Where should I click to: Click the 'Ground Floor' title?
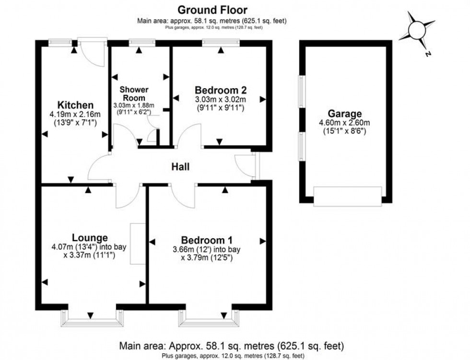(212, 10)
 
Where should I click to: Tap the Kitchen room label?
(75, 105)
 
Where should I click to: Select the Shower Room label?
(134, 93)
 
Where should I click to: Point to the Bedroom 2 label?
(221, 90)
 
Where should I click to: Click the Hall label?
(180, 166)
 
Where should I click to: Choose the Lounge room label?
(90, 238)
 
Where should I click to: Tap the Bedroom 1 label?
(207, 240)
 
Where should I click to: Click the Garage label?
(345, 114)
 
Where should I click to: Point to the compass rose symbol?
(417, 30)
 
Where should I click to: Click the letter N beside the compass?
(428, 54)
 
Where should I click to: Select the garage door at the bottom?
(348, 197)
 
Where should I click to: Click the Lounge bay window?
(92, 318)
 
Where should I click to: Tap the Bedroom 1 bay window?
(210, 318)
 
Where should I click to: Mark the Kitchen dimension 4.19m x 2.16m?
(75, 114)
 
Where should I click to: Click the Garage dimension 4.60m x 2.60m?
(345, 123)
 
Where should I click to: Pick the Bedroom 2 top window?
(221, 43)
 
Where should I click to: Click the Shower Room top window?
(142, 43)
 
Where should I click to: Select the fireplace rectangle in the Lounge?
(138, 244)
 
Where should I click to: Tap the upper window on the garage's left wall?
(302, 92)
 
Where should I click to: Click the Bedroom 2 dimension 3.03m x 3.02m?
(221, 99)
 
